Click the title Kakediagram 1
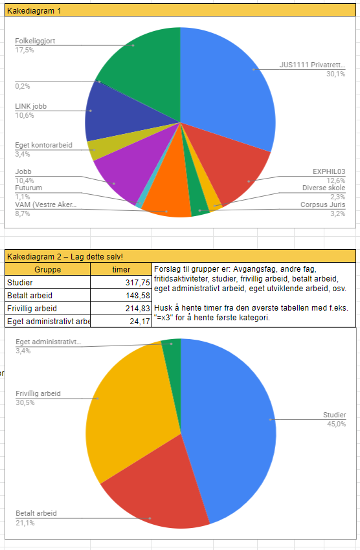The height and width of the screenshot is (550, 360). click(x=34, y=11)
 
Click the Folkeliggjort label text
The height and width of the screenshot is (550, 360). click(x=35, y=41)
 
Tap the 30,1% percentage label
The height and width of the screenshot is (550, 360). click(x=336, y=74)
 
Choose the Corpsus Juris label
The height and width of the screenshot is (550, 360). click(x=323, y=204)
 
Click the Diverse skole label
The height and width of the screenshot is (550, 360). click(x=324, y=188)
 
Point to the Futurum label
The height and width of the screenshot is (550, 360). click(x=28, y=188)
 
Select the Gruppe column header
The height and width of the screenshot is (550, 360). click(x=48, y=269)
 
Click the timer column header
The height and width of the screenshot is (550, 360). click(x=121, y=269)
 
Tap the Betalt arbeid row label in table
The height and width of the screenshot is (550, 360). click(x=30, y=295)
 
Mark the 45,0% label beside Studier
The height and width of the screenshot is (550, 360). click(x=337, y=424)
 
